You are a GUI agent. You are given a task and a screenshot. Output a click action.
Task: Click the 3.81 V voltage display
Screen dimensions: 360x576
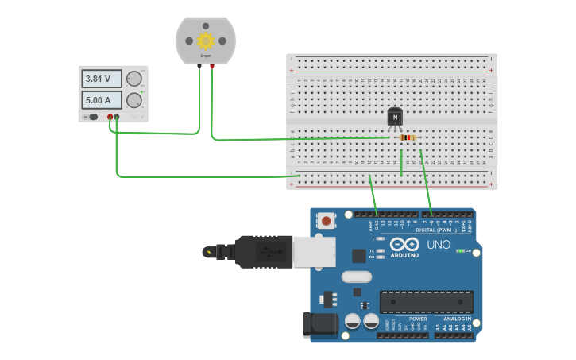pyautogui.click(x=101, y=79)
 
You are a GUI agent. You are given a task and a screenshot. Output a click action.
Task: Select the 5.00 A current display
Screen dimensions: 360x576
pyautogui.click(x=101, y=100)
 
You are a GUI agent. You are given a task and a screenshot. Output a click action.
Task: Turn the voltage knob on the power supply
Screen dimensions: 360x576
pyautogui.click(x=134, y=79)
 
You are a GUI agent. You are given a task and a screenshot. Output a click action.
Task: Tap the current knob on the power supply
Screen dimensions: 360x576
pyautogui.click(x=134, y=100)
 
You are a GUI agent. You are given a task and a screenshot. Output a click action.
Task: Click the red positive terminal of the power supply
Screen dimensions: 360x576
pyautogui.click(x=110, y=118)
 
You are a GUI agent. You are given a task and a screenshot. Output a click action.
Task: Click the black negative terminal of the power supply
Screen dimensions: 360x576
pyautogui.click(x=117, y=118)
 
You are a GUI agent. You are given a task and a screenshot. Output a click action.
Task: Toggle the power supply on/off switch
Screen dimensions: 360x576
pyautogui.click(x=93, y=117)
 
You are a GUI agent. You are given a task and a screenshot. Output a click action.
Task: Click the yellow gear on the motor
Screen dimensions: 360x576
pyautogui.click(x=206, y=41)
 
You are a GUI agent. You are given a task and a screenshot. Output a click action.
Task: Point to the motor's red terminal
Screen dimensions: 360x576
pyautogui.click(x=212, y=67)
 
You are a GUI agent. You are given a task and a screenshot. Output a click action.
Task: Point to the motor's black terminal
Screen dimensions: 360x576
pyautogui.click(x=199, y=67)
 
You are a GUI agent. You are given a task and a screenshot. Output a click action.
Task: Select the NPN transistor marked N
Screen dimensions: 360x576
pyautogui.click(x=395, y=117)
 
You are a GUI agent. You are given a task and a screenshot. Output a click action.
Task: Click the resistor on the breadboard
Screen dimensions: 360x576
pyautogui.click(x=408, y=137)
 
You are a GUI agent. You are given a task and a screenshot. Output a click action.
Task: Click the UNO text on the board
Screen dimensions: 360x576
pyautogui.click(x=439, y=245)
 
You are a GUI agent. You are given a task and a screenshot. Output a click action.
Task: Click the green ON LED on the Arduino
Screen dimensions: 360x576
pyautogui.click(x=460, y=251)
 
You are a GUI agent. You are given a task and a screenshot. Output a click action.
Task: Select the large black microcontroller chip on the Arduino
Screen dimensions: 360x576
pyautogui.click(x=426, y=302)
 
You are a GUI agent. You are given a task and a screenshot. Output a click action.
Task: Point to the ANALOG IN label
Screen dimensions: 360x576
pyautogui.click(x=456, y=319)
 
